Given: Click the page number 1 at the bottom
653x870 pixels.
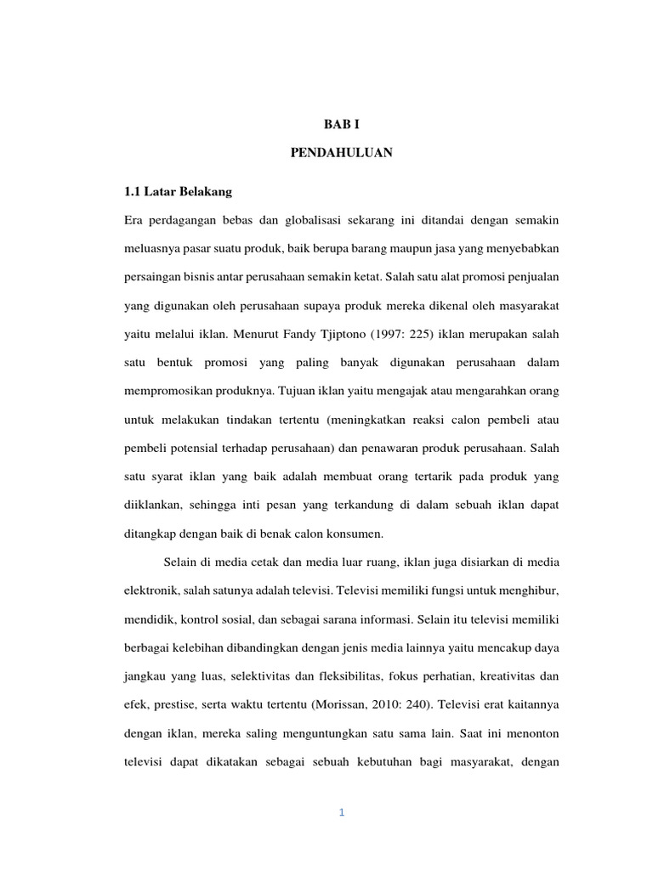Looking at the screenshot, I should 341,813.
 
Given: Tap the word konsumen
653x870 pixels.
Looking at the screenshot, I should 356,534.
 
